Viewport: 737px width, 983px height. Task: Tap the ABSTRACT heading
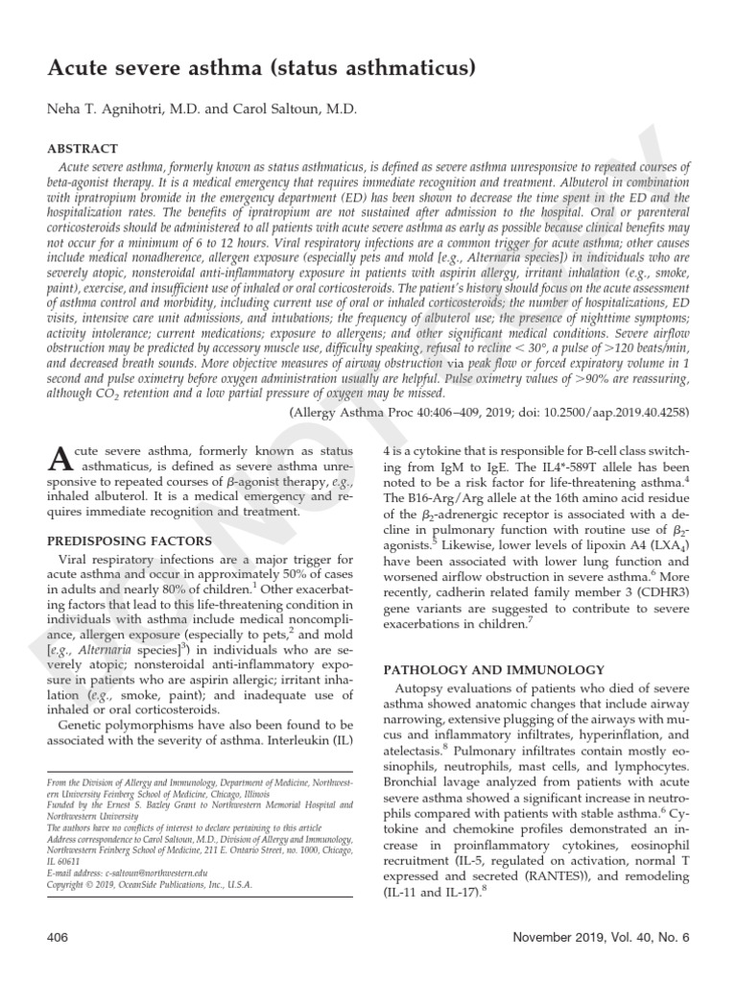tap(83, 149)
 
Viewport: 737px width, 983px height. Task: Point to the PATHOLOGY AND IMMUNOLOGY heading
tap(494, 669)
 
